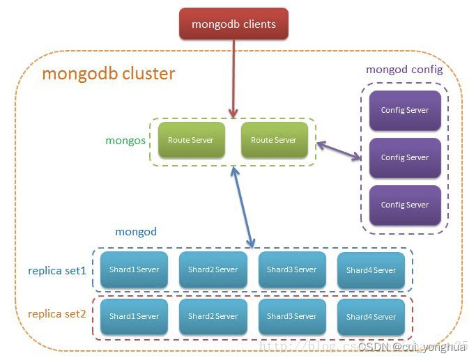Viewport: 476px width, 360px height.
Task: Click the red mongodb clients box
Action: coord(233,24)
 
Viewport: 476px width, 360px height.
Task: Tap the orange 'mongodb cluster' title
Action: coord(108,74)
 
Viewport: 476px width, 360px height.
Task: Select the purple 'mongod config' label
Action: coord(404,70)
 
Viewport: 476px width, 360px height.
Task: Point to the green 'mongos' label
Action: coord(125,140)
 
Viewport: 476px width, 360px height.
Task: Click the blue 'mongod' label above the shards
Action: coord(135,231)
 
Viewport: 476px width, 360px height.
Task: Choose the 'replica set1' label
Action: coord(57,270)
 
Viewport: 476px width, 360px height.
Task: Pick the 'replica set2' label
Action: coord(57,314)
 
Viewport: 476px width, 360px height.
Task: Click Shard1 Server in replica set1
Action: coord(134,270)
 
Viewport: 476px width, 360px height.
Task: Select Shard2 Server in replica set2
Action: coord(213,316)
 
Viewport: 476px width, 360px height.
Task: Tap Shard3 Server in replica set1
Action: coord(291,270)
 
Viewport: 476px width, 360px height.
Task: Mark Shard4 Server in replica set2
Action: coord(371,316)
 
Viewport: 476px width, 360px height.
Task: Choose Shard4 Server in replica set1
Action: coord(371,270)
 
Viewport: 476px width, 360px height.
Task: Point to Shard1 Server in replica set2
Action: coord(134,316)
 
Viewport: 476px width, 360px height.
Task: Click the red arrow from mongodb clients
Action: coord(233,77)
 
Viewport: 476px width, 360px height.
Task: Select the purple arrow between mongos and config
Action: coord(339,151)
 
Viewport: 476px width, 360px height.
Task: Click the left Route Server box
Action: coord(191,140)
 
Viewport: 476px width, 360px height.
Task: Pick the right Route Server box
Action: coord(273,140)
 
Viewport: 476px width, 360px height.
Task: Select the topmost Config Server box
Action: coord(405,110)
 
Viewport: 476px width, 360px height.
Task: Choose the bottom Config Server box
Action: coord(405,205)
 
